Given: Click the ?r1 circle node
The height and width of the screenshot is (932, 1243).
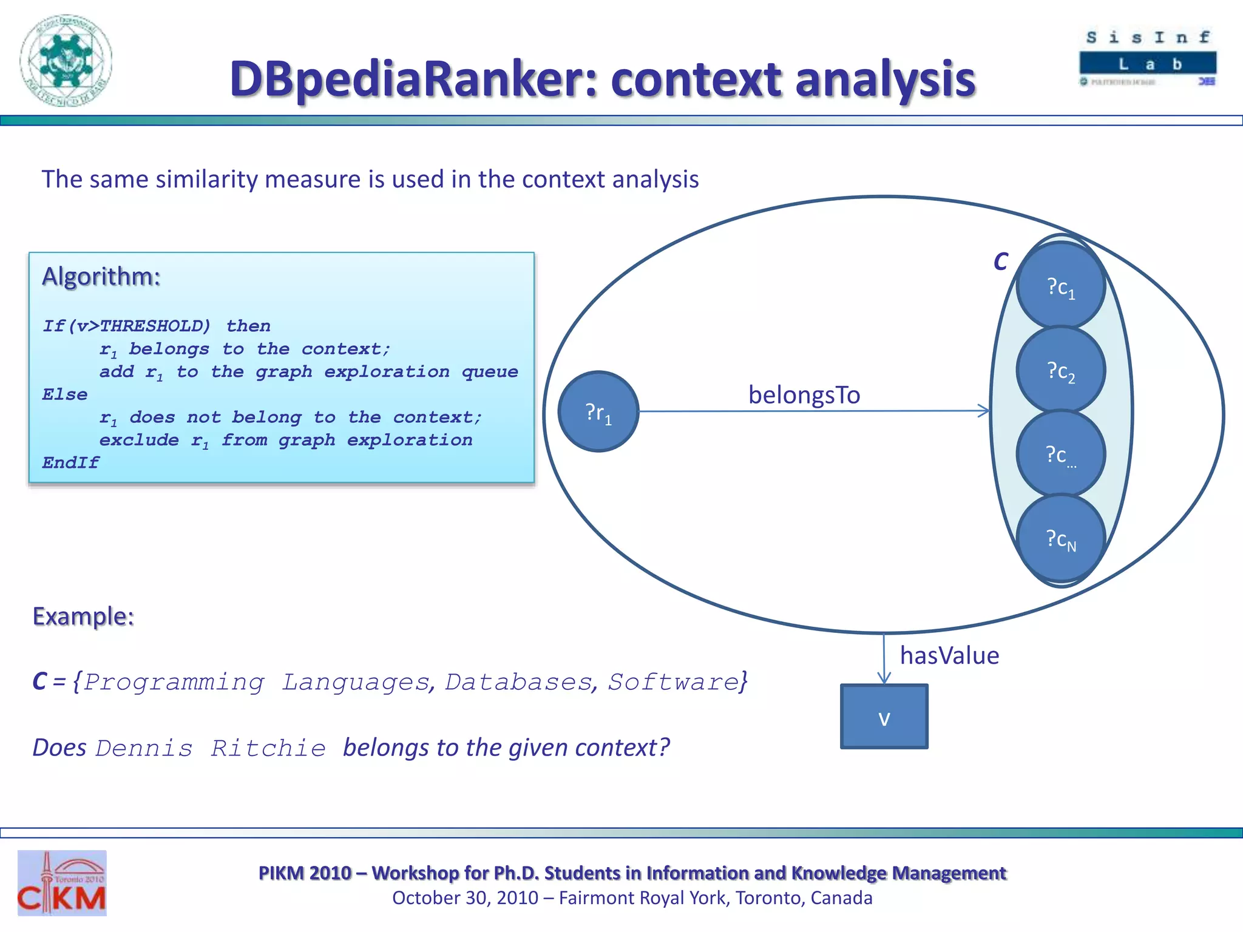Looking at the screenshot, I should [x=598, y=411].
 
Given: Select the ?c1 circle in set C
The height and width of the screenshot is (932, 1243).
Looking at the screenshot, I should [x=1060, y=286].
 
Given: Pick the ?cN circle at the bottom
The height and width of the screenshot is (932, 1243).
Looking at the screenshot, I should [x=1060, y=538].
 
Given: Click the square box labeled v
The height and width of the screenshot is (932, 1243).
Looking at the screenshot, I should [x=884, y=717].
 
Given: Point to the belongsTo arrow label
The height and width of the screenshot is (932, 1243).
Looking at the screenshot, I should [x=804, y=395].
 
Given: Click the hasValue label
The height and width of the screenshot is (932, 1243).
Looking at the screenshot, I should [x=949, y=655].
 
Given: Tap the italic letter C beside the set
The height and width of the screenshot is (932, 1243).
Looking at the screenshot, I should [x=1000, y=262].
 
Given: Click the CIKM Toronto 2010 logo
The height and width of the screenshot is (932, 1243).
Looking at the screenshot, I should [x=62, y=883].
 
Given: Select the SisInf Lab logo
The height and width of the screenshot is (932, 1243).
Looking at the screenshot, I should [x=1148, y=58].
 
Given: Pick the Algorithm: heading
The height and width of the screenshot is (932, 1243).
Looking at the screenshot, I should [x=101, y=277].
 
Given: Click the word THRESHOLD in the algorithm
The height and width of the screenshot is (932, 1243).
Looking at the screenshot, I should [x=154, y=326].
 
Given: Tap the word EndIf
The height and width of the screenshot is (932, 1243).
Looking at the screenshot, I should [x=70, y=462].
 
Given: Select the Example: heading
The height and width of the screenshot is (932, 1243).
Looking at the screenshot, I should [x=83, y=616].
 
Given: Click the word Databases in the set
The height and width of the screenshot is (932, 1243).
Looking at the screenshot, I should [x=518, y=682].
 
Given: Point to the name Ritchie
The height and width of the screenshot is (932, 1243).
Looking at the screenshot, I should [x=268, y=748].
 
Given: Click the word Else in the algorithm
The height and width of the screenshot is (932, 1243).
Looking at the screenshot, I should [x=64, y=394].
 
